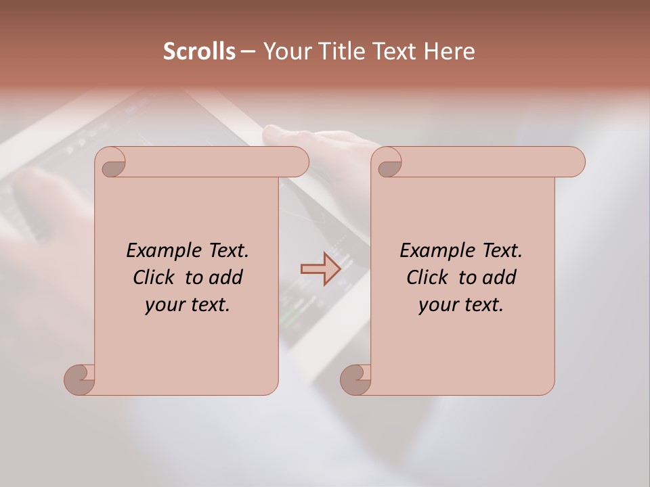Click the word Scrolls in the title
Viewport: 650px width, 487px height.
coord(199,51)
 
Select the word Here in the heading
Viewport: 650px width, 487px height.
coord(449,51)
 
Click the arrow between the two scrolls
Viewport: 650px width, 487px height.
coord(320,269)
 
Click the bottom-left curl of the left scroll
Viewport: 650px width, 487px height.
coord(80,380)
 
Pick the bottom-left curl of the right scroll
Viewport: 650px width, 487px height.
coord(355,380)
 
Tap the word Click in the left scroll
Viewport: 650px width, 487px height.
coord(153,278)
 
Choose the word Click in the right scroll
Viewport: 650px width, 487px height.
coord(427,278)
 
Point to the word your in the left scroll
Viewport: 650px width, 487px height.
coord(163,305)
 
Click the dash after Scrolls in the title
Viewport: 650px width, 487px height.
coord(248,52)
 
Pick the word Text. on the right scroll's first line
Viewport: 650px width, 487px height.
coord(502,251)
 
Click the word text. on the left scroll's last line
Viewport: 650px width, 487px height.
coord(209,305)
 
